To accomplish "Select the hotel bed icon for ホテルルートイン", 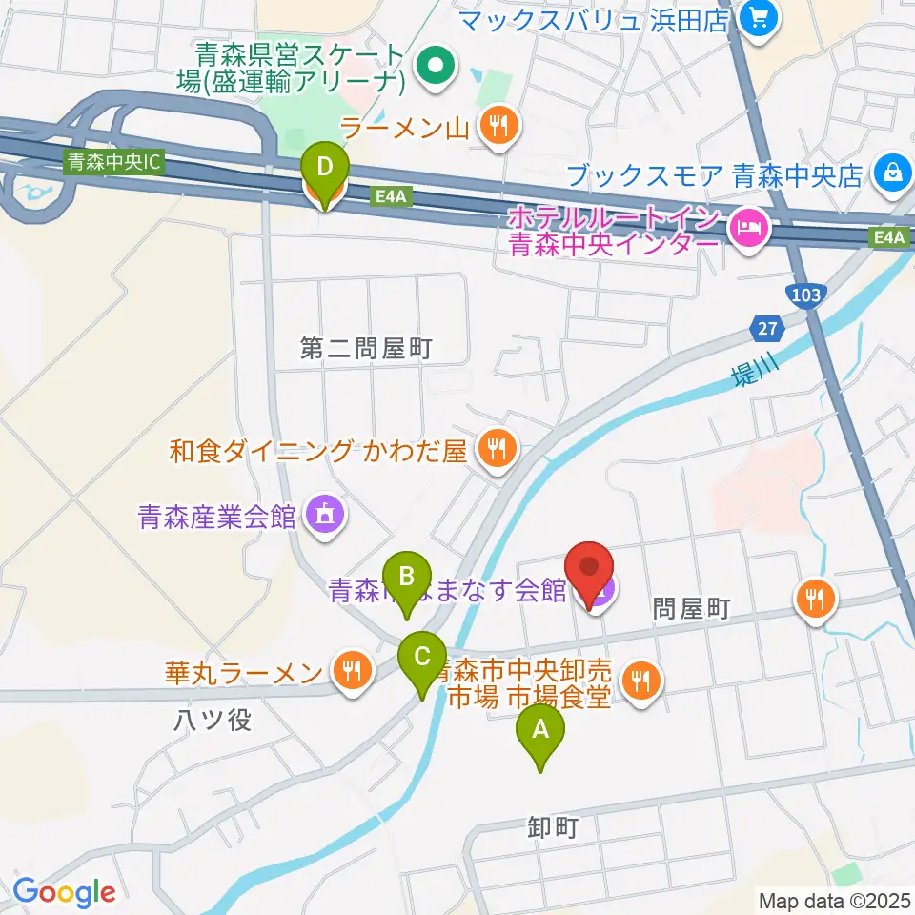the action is pyautogui.click(x=748, y=227).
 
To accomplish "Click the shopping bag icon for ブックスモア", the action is pyautogui.click(x=893, y=173).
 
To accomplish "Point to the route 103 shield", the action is pyautogui.click(x=805, y=295).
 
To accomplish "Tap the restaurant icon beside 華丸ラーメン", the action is pyautogui.click(x=354, y=670).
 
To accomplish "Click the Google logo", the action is pyautogui.click(x=64, y=892).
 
